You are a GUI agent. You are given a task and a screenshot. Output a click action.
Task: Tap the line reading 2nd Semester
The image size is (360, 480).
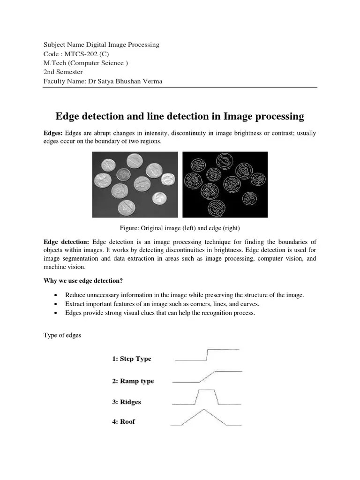point(63,72)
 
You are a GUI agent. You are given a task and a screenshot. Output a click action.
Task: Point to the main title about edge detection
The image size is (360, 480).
point(180,116)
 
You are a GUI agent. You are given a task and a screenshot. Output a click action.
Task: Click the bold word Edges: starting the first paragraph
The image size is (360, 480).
point(53,134)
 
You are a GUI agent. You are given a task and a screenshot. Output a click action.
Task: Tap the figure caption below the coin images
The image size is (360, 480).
point(180,228)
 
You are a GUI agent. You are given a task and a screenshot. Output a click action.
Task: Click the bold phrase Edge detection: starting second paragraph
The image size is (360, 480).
point(66,241)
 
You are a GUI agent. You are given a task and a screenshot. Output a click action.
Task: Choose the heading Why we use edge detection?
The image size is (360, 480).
point(83,281)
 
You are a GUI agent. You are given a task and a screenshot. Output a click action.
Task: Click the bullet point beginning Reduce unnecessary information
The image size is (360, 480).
point(184,295)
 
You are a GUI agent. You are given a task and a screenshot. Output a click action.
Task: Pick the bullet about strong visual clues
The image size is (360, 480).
point(160,313)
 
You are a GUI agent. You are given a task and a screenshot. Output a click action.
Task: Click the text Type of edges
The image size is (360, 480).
point(62,336)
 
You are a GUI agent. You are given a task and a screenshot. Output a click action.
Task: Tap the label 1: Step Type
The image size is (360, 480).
point(132,359)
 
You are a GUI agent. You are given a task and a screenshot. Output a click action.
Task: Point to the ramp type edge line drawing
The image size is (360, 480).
point(207,376)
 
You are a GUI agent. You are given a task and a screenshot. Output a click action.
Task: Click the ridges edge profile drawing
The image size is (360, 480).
point(207,397)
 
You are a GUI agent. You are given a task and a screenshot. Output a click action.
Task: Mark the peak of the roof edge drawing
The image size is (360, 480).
point(203,410)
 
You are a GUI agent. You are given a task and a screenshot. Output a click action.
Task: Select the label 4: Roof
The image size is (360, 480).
point(123,421)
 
